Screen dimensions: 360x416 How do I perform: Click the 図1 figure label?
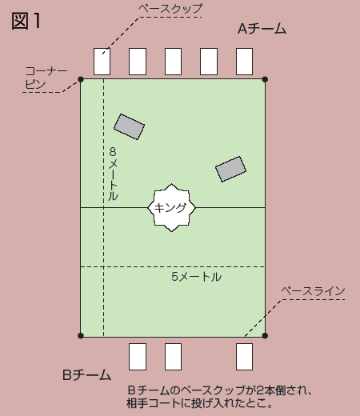point(26,21)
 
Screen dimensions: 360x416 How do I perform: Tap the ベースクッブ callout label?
point(170,9)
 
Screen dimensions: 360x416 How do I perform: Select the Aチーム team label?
point(262,29)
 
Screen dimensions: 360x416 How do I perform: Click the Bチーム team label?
point(86,374)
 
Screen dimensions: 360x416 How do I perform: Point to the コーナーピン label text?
point(46,78)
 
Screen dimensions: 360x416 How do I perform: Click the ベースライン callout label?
point(313,290)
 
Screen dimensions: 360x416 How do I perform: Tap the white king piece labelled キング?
point(171,207)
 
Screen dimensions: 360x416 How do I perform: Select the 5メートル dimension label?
point(196,277)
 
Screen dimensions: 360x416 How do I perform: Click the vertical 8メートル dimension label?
point(113,174)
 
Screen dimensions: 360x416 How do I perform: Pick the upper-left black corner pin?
point(81,79)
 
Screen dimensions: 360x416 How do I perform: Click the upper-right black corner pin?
point(265,79)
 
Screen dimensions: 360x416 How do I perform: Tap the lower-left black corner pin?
point(81,336)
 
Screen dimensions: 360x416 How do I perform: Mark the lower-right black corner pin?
point(265,336)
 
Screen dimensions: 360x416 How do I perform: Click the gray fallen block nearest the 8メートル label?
point(129,126)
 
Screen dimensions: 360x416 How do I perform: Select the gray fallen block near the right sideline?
point(230,169)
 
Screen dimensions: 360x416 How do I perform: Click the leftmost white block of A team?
point(102,62)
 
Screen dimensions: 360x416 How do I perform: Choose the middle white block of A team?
point(173,62)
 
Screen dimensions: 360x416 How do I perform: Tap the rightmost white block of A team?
point(244,62)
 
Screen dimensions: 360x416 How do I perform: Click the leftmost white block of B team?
point(138,357)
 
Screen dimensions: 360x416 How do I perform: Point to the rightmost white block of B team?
point(244,357)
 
